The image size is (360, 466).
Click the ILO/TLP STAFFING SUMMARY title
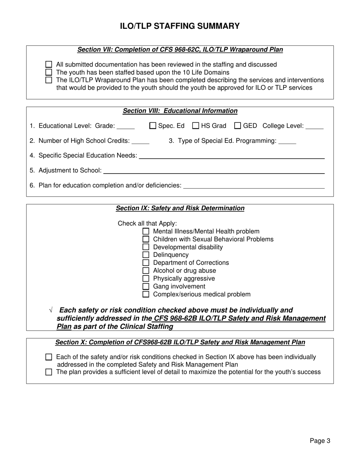coord(180,26)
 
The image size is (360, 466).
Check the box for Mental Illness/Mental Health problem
coord(146,231)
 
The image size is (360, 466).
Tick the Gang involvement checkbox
coord(146,286)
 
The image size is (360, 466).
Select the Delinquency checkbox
coord(146,255)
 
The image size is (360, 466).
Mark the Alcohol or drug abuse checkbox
coord(146,271)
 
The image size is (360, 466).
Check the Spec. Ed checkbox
coord(153,126)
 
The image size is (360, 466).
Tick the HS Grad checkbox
coord(196,126)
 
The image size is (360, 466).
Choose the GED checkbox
coord(238,126)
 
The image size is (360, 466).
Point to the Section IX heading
coord(180,208)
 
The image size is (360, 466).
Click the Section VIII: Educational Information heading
coord(180,111)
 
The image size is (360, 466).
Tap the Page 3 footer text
coord(320,441)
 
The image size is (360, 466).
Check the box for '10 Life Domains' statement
coord(49,72)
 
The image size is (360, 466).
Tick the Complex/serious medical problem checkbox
coord(146,294)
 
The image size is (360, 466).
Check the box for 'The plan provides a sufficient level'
coord(49,372)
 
